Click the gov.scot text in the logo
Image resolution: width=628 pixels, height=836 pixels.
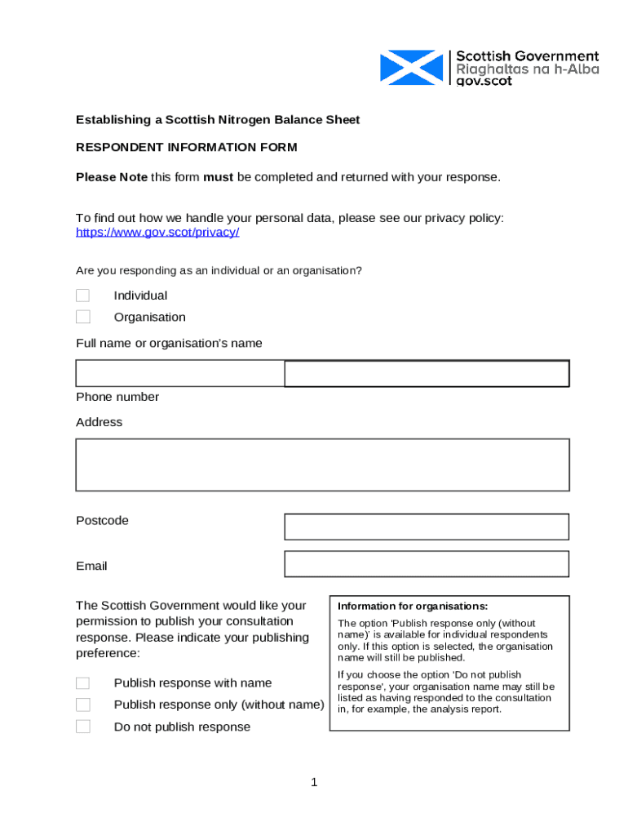(484, 82)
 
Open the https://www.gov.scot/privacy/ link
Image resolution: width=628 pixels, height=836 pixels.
(157, 232)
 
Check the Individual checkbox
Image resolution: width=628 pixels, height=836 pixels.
(83, 296)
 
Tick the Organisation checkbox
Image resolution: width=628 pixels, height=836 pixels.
(83, 317)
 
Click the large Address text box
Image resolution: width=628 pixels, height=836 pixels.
(322, 465)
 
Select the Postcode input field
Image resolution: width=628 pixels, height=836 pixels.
(426, 527)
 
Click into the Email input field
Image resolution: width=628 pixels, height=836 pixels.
(426, 564)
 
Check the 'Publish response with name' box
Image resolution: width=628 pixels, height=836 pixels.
(83, 683)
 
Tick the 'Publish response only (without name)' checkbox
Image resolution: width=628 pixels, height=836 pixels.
(83, 705)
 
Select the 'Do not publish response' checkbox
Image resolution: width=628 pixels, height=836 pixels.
(83, 727)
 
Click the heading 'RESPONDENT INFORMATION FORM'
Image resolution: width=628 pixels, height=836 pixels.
(187, 148)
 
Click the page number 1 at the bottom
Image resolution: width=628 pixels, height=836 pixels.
(314, 784)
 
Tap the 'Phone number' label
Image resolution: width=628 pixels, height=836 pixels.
(117, 397)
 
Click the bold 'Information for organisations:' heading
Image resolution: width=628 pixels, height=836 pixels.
(413, 607)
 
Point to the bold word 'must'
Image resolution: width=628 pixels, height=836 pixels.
(218, 177)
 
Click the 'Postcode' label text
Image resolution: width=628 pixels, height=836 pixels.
(102, 521)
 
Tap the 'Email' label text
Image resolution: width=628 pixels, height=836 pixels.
(91, 566)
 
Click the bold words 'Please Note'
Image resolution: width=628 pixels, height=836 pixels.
(112, 177)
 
